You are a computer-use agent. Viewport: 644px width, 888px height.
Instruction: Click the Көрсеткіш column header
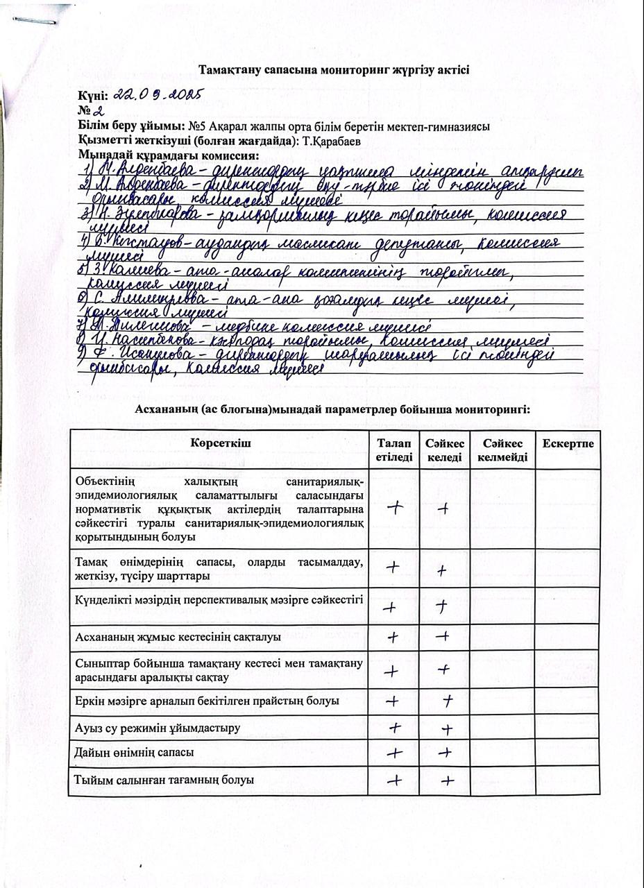(219, 443)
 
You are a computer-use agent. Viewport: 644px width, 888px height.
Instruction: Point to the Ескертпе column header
(568, 443)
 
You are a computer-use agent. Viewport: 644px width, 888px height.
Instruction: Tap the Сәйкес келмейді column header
(502, 450)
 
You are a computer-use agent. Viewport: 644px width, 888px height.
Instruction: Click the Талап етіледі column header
(393, 450)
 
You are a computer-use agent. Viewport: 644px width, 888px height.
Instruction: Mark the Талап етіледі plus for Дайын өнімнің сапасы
(394, 753)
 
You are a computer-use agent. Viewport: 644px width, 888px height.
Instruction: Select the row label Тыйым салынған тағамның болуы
(164, 780)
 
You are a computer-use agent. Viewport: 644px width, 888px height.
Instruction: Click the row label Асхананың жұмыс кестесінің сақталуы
(177, 636)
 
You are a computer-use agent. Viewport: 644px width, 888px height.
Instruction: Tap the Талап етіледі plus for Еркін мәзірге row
(393, 701)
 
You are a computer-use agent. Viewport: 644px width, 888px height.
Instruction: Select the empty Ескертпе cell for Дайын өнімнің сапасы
(568, 753)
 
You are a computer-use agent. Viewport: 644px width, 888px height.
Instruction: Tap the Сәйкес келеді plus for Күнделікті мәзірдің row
(442, 606)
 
